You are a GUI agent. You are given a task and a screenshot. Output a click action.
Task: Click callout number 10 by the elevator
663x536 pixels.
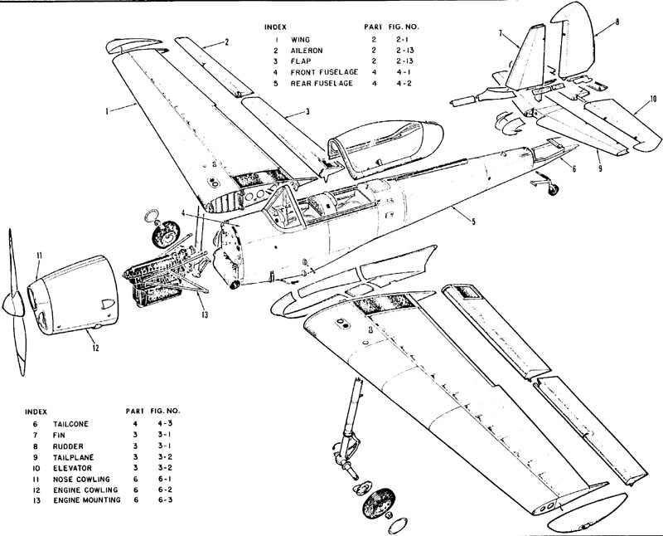point(653,99)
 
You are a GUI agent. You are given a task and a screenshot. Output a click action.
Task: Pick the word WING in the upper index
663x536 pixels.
point(300,39)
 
